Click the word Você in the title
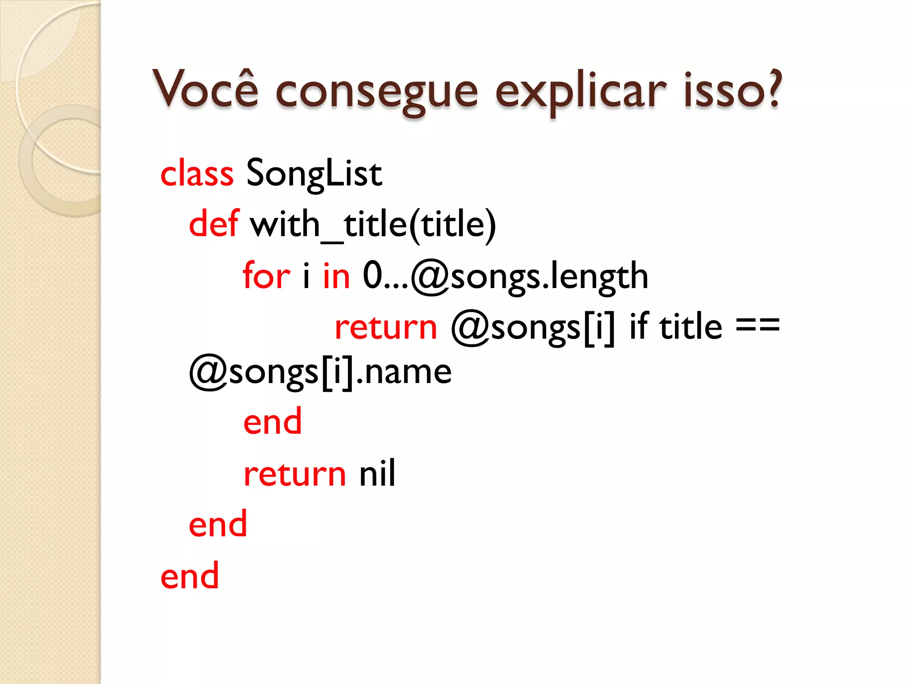(206, 89)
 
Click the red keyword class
(197, 173)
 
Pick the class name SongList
(314, 173)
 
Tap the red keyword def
(214, 224)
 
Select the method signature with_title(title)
(373, 224)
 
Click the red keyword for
(266, 276)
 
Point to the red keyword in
(336, 276)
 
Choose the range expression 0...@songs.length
(505, 277)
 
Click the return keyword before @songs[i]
(386, 327)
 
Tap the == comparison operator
(758, 325)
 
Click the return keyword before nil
(295, 474)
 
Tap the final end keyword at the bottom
(190, 576)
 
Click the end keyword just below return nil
(218, 524)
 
